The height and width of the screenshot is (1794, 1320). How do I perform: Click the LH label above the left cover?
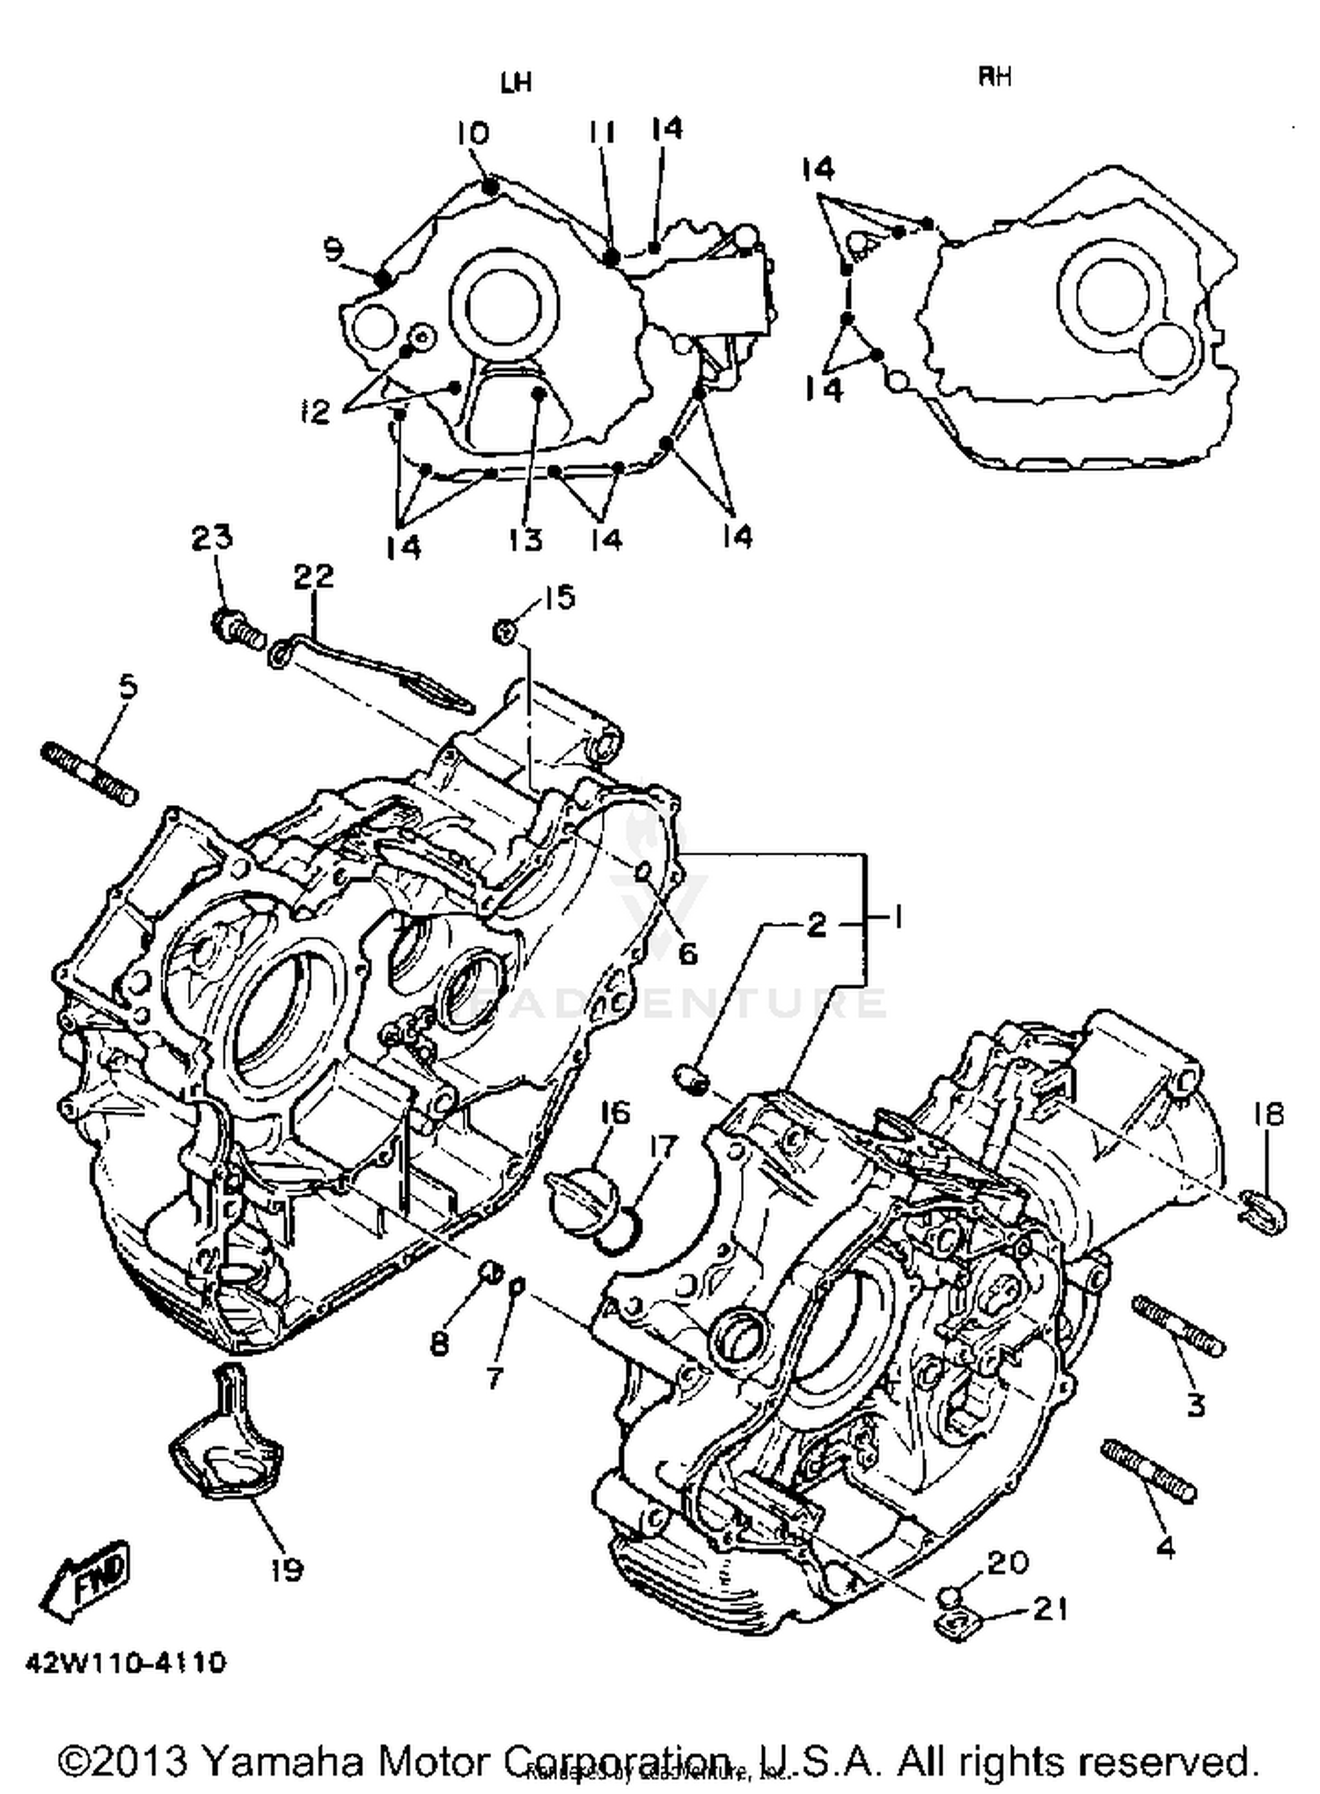click(x=517, y=83)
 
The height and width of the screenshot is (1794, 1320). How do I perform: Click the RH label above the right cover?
click(x=995, y=77)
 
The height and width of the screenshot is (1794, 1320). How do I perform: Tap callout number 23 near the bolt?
click(x=212, y=537)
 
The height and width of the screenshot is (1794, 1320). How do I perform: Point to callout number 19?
click(x=287, y=1569)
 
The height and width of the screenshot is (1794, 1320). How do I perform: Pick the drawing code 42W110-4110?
click(x=126, y=1663)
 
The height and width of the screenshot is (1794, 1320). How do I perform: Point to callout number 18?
click(x=1268, y=1115)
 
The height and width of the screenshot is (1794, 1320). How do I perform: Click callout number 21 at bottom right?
click(x=1050, y=1608)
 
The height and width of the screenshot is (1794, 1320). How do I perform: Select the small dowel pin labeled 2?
click(x=692, y=1077)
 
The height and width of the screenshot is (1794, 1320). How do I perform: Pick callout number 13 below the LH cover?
click(x=525, y=539)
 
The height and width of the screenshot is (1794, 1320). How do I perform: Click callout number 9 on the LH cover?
click(x=332, y=251)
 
